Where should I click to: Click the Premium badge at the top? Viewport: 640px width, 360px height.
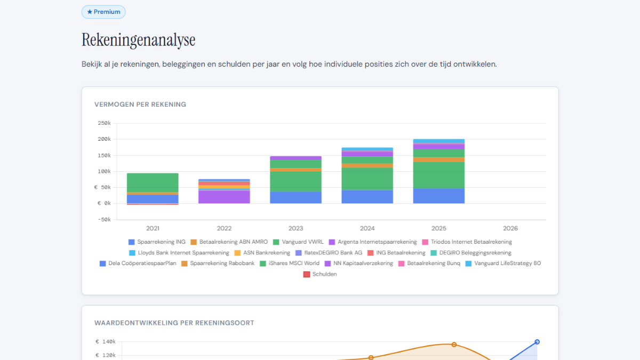click(103, 12)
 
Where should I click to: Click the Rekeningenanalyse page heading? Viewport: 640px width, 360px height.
click(138, 40)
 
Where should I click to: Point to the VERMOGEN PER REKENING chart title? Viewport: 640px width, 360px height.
click(140, 105)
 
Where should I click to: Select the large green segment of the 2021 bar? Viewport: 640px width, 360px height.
click(153, 182)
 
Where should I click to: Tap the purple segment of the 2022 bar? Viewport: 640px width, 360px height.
click(224, 197)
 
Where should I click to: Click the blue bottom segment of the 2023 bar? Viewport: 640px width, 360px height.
click(295, 197)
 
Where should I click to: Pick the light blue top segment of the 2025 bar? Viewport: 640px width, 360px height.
click(438, 141)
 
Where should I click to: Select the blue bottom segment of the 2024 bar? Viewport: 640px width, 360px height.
click(367, 196)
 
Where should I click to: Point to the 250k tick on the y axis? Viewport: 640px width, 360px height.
click(104, 123)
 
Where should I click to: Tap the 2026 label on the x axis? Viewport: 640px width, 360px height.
click(510, 228)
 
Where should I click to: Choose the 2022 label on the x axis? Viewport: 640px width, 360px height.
click(224, 228)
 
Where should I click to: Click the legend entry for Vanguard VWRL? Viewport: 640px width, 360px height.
click(298, 242)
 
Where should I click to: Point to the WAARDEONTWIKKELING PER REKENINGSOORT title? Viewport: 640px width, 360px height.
click(174, 323)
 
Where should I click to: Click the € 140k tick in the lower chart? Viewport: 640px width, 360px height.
click(105, 342)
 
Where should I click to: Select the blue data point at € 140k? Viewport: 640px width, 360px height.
click(537, 342)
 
